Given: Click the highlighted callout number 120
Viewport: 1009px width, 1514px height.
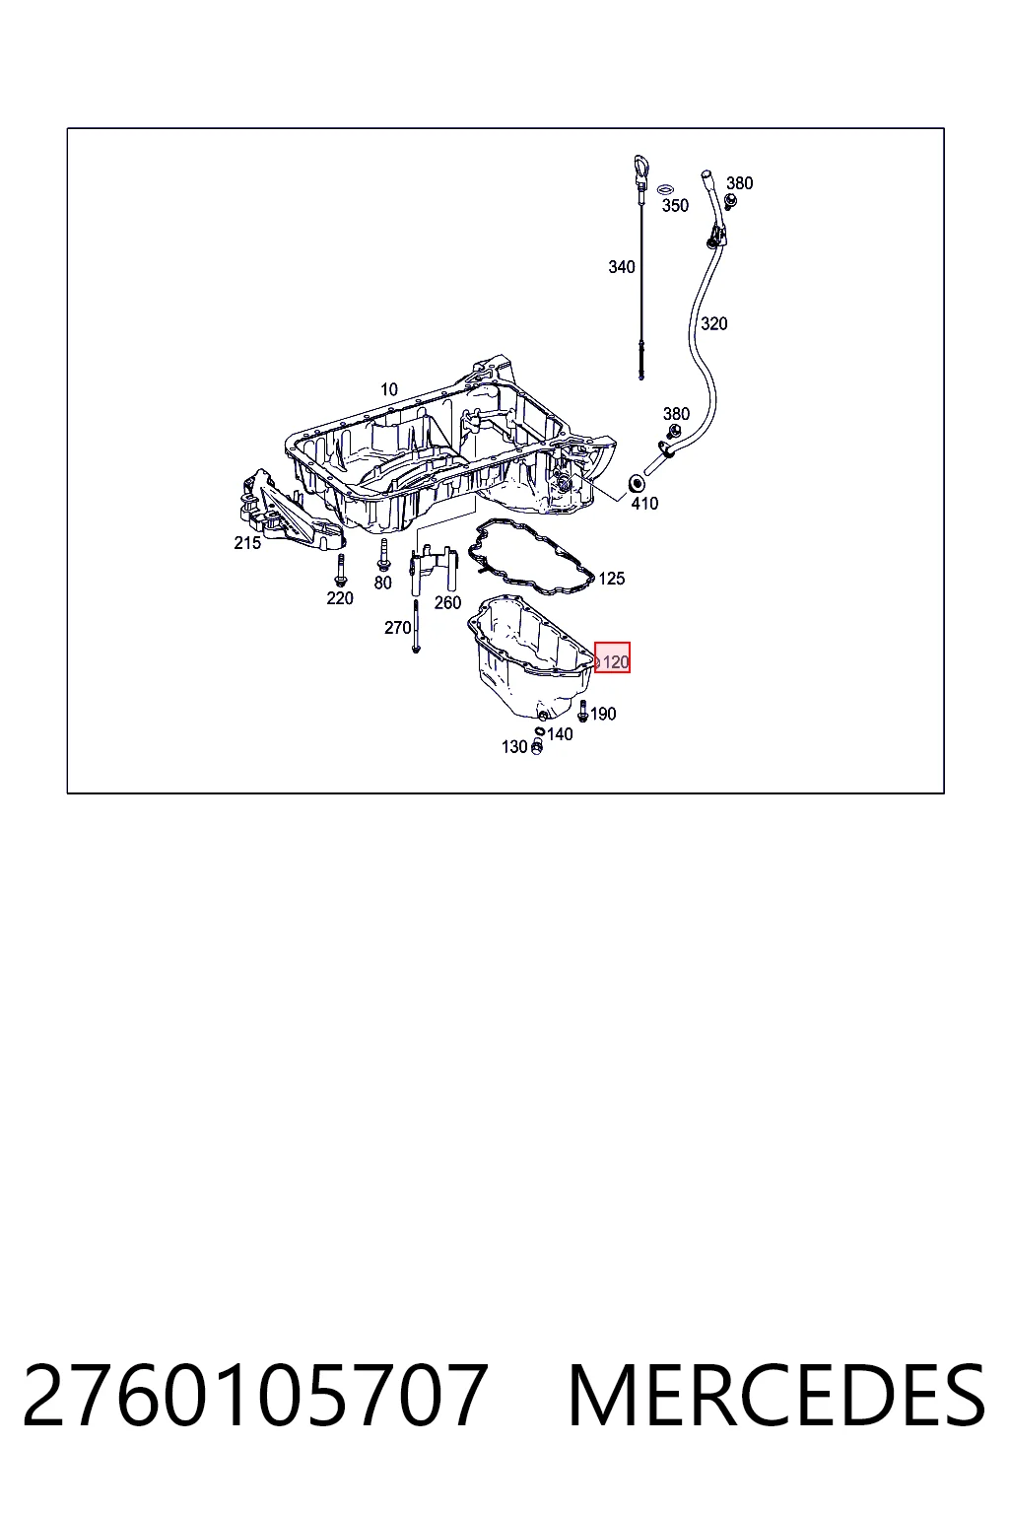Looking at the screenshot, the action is point(615,661).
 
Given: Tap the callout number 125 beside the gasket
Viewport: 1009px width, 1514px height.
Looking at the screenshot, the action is point(611,579).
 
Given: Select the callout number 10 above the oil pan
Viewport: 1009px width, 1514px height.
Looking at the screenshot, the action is point(388,389).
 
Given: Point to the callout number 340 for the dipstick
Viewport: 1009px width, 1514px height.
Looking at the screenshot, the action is point(621,267).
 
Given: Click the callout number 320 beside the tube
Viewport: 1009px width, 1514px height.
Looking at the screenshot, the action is point(713,323).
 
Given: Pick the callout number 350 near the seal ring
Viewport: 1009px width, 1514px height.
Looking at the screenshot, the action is point(674,205).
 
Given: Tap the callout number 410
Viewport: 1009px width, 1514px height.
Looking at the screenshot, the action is point(644,504).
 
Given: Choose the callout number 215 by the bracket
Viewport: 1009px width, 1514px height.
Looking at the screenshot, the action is point(247,543).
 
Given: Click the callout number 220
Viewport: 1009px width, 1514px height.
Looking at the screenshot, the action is point(339,598).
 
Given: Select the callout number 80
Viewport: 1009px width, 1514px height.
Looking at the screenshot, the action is point(382,583).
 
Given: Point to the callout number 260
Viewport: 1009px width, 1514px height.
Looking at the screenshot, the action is point(447,602).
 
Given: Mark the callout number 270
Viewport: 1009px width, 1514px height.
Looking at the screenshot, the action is point(397,628).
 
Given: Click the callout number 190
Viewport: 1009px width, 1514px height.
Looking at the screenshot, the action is point(603,714).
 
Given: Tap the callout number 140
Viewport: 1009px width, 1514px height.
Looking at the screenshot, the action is point(560,734).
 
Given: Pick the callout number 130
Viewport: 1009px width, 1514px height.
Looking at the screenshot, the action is point(514,747).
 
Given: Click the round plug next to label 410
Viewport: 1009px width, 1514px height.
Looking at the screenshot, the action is point(637,484).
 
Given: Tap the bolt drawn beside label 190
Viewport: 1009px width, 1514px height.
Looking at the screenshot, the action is point(582,711).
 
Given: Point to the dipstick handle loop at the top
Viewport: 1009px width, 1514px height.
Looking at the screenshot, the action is point(640,167).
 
